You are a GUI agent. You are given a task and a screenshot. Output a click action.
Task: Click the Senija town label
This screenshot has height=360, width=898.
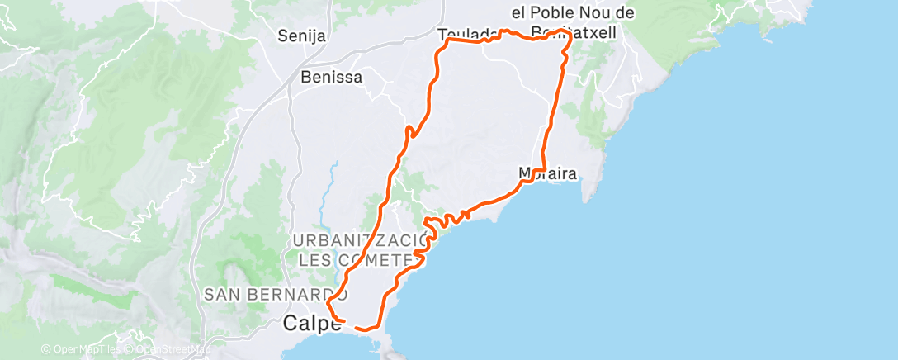tap(302, 36)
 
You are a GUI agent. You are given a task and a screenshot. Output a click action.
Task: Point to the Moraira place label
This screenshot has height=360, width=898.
tap(546, 173)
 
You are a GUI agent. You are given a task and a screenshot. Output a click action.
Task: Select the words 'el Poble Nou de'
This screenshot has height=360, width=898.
tap(573, 12)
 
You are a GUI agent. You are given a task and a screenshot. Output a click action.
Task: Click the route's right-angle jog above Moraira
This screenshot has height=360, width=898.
tap(543, 168)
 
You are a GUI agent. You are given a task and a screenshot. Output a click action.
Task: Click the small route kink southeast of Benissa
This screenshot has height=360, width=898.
tap(409, 130)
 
